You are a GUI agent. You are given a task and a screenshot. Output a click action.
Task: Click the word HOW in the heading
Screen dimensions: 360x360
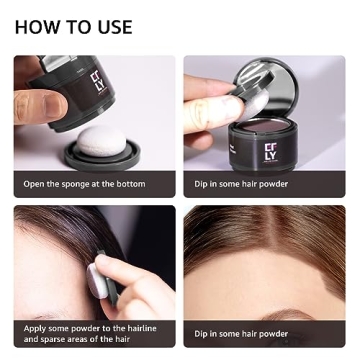38,27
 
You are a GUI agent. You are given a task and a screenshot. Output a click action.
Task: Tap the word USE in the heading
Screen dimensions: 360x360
111,27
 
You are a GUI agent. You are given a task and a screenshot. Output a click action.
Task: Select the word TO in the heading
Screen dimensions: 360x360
77,27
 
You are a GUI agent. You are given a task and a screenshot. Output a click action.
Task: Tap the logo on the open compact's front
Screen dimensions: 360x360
271,153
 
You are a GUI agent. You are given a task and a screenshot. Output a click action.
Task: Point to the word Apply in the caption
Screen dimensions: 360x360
37,327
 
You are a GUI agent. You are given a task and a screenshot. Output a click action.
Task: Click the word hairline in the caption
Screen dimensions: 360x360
135,327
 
